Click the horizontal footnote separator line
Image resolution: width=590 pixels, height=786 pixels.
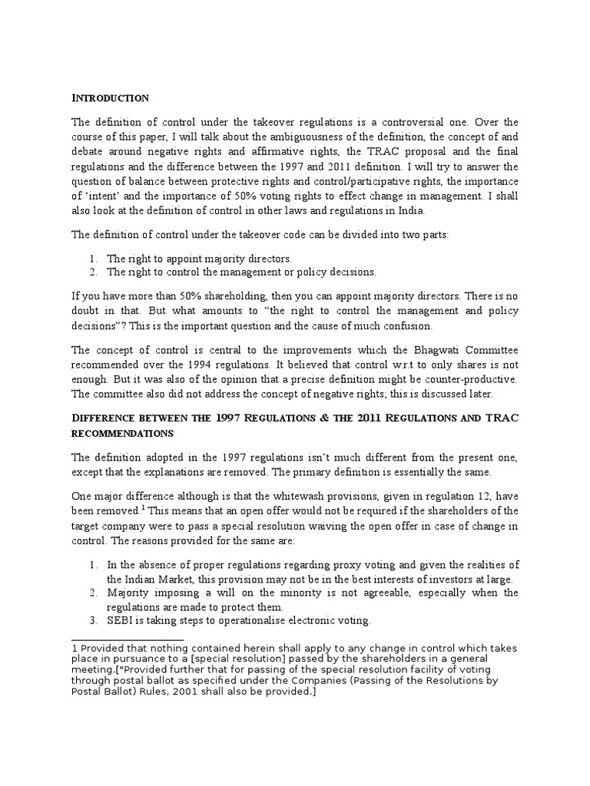click(128, 639)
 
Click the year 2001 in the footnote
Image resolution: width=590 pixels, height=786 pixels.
click(347, 681)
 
